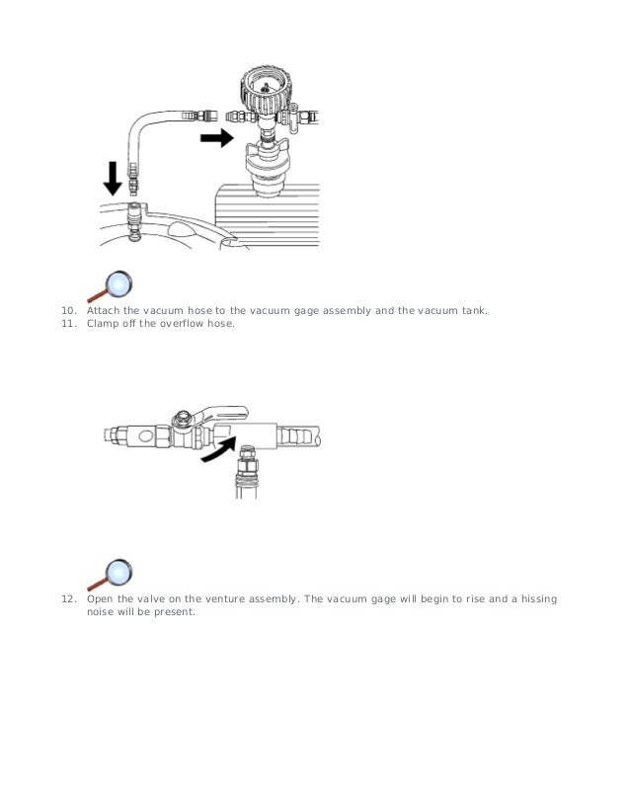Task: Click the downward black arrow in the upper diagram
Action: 114,177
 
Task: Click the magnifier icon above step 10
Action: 112,285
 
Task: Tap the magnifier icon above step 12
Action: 112,575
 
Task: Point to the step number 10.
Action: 67,310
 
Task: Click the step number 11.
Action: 67,323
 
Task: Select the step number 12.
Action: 67,599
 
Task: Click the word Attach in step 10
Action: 103,310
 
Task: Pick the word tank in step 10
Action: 472,310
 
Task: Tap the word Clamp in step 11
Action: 103,323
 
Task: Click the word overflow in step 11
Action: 182,323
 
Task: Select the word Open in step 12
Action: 100,599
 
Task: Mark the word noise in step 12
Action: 101,612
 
